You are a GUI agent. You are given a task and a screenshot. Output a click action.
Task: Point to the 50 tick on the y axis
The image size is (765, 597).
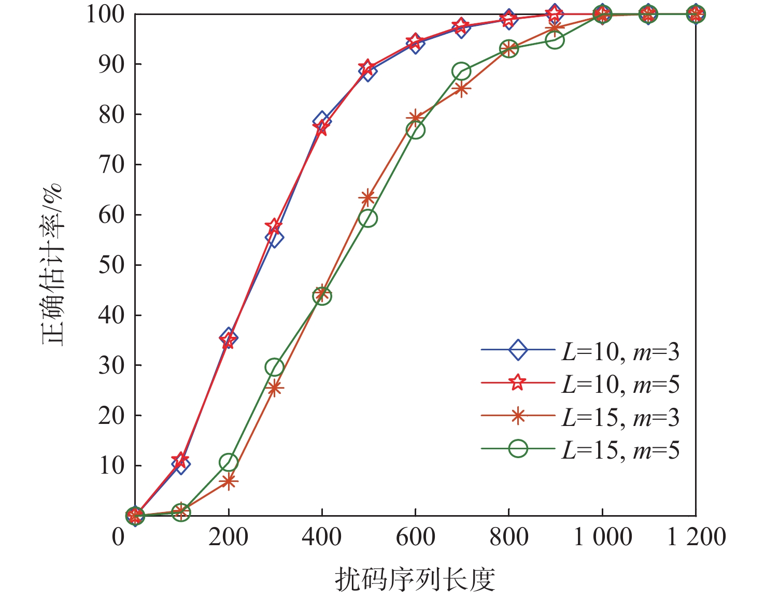[x=112, y=265]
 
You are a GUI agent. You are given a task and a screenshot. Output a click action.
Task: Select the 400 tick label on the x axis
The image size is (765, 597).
[x=321, y=537]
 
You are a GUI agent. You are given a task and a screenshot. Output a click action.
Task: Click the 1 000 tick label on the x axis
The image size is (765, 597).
[x=602, y=537]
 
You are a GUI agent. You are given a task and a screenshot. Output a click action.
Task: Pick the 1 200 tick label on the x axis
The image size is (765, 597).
[x=696, y=537]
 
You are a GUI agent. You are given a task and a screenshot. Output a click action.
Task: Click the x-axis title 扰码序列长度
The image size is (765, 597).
[x=415, y=579]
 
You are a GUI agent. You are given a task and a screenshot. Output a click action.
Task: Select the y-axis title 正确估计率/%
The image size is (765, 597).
[x=53, y=264]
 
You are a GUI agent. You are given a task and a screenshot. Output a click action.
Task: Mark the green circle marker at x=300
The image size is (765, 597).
[x=274, y=367]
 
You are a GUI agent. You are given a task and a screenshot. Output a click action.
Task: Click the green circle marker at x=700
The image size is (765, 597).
[x=461, y=72]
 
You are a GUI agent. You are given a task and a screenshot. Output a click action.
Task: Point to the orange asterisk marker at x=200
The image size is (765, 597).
[x=228, y=481]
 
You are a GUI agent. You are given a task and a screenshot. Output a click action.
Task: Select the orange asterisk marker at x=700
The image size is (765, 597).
[x=461, y=89]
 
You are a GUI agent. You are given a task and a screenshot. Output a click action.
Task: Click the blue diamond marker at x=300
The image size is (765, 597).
[x=274, y=238]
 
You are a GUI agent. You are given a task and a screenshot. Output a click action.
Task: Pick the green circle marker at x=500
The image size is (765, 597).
[x=367, y=218]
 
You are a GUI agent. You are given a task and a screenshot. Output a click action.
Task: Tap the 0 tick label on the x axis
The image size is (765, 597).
[x=119, y=537]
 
